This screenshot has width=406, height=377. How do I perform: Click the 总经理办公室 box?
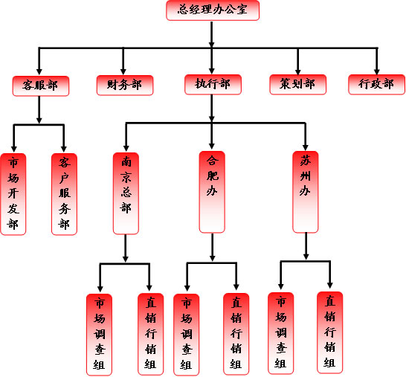213,10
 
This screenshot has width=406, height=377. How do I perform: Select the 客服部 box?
41,86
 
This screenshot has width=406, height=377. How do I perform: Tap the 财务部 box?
125,86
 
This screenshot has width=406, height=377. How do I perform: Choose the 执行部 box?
213,85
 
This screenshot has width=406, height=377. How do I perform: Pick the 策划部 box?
297,85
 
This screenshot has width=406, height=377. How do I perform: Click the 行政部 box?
377,85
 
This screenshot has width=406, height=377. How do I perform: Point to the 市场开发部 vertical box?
13,194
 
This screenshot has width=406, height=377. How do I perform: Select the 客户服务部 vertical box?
64,194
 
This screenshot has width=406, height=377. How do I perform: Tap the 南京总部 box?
126,193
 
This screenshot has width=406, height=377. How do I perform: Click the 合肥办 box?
212,192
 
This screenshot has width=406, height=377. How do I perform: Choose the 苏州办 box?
306,192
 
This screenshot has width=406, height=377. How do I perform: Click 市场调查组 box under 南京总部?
99,335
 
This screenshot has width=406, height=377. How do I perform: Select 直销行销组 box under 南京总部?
150,334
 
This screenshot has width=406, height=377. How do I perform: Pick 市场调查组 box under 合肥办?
186,335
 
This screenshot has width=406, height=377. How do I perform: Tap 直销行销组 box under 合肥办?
236,334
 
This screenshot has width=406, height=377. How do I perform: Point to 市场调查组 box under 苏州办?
280,333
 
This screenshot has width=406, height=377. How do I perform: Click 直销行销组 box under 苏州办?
330,332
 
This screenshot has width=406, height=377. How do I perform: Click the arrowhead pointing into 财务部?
123,71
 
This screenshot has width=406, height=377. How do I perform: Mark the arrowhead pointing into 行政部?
377,71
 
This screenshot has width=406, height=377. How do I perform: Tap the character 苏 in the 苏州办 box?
306,161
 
